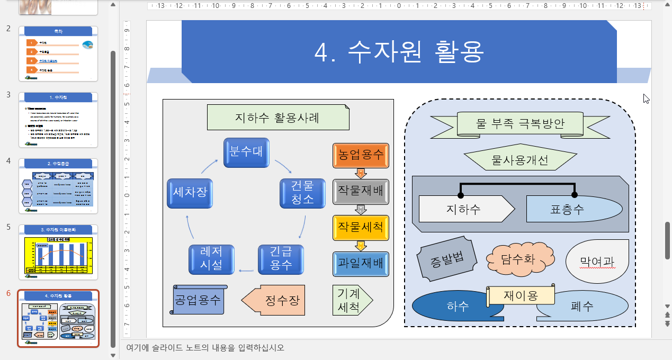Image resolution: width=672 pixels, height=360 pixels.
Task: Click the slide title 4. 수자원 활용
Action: pyautogui.click(x=399, y=51)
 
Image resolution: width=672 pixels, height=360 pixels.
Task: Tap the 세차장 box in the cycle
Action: pyautogui.click(x=190, y=193)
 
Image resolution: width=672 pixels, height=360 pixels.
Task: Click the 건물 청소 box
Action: pyautogui.click(x=302, y=192)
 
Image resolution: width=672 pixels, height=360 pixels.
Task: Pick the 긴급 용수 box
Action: pyautogui.click(x=281, y=259)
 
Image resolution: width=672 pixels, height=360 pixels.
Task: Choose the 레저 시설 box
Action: pyautogui.click(x=212, y=259)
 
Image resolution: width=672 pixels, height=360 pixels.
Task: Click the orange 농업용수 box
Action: pyautogui.click(x=361, y=156)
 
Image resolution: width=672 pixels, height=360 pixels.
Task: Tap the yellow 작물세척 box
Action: pyautogui.click(x=361, y=228)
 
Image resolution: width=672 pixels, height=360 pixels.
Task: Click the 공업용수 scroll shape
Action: pyautogui.click(x=199, y=300)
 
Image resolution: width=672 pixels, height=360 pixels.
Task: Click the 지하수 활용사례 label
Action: pyautogui.click(x=278, y=118)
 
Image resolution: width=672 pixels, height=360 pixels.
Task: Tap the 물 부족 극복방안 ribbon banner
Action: pyautogui.click(x=520, y=124)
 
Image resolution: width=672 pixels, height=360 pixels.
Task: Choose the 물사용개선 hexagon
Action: pyautogui.click(x=520, y=159)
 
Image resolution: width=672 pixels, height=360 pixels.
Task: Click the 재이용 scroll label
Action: pyautogui.click(x=521, y=295)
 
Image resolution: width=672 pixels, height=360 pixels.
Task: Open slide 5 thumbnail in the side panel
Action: pyautogui.click(x=58, y=252)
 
